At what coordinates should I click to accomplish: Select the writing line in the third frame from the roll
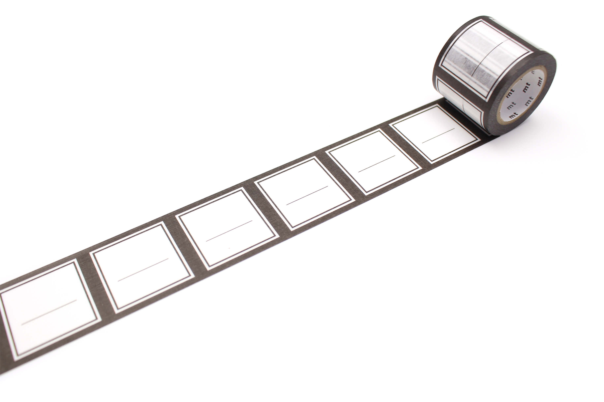pyautogui.click(x=307, y=195)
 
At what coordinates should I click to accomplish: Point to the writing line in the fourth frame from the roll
pyautogui.click(x=229, y=231)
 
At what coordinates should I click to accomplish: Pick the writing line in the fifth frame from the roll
pyautogui.click(x=143, y=270)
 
